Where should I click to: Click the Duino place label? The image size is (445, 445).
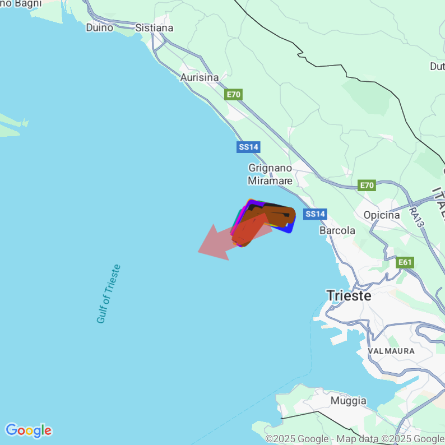click(100, 27)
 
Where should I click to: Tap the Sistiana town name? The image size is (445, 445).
click(154, 27)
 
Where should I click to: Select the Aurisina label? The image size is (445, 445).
click(200, 78)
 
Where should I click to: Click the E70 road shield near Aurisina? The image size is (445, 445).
click(234, 95)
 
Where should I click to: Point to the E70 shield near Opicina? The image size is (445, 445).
click(367, 186)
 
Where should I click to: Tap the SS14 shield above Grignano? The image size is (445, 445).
click(248, 147)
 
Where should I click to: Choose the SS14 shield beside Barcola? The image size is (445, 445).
click(315, 214)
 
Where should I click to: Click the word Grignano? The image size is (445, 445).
click(270, 168)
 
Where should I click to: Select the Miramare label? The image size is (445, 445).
click(270, 180)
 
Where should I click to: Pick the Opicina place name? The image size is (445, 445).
click(382, 215)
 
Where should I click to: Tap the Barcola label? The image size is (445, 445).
click(337, 230)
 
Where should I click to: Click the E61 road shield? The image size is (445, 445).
click(405, 262)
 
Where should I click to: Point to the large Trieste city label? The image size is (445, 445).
click(349, 295)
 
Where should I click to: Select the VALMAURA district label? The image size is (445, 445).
click(391, 351)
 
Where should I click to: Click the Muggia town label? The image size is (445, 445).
click(349, 401)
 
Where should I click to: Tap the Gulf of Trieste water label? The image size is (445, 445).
click(109, 294)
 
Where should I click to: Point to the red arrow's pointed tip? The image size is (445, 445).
click(199, 252)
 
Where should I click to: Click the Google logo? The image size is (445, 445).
click(28, 430)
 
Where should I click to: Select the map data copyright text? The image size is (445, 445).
click(355, 439)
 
